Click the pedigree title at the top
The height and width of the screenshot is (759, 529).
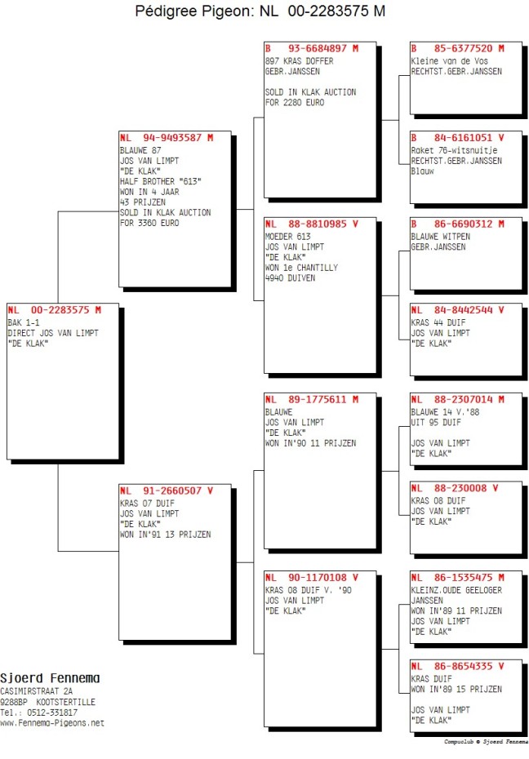click(260, 11)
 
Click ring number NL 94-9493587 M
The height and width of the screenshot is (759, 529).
click(167, 137)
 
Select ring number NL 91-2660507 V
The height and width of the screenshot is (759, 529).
click(167, 490)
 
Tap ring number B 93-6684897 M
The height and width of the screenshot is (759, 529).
click(312, 48)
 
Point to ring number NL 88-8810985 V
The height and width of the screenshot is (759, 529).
click(312, 224)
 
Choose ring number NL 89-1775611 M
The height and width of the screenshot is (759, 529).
click(312, 399)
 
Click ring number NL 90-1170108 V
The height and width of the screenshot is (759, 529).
click(312, 578)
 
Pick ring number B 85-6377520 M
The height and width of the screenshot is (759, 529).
click(457, 48)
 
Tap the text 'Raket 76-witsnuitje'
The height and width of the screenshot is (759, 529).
click(454, 150)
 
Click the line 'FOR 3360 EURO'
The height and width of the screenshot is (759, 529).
click(149, 223)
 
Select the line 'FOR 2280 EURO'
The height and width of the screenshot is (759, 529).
click(295, 103)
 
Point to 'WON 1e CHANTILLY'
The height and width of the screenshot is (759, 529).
click(301, 268)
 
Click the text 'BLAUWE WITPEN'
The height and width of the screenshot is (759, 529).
click(441, 237)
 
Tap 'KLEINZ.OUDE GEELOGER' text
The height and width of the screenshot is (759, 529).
click(456, 590)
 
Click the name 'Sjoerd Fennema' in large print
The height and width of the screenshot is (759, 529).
click(50, 678)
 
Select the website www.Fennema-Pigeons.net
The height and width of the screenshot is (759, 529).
click(52, 723)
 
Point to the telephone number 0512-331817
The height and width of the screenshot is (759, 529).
click(61, 712)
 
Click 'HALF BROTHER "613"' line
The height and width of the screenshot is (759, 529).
click(161, 181)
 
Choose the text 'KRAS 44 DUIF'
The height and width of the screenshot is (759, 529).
click(438, 322)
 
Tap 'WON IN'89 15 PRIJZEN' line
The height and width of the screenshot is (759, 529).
click(456, 690)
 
